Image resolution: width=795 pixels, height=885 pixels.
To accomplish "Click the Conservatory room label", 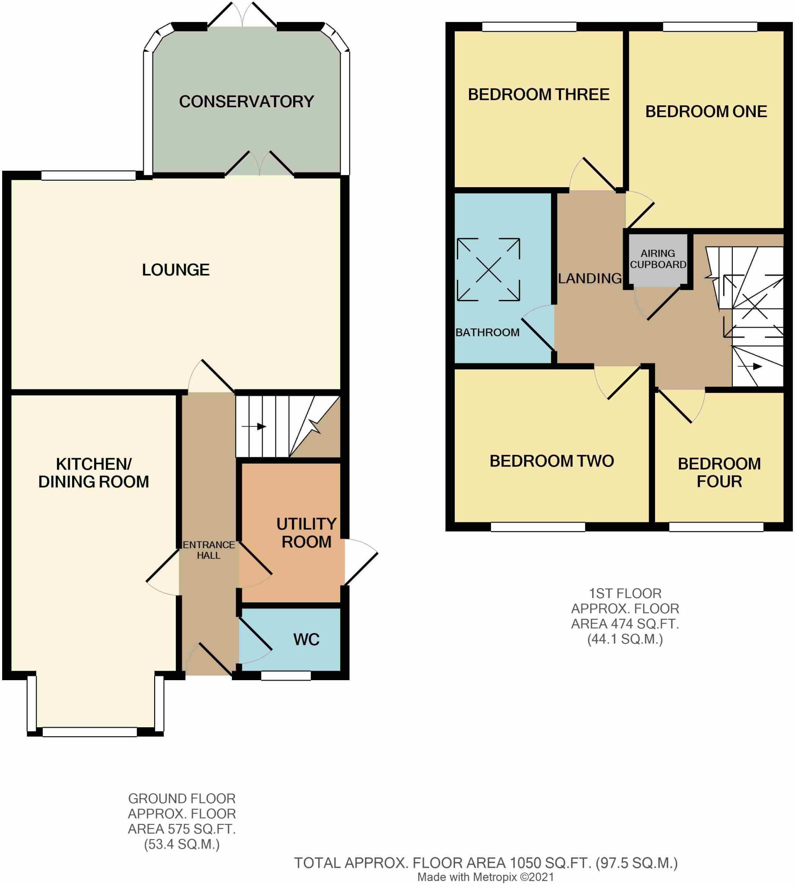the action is click(x=247, y=102).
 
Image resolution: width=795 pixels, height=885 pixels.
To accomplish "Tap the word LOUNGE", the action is click(x=176, y=270).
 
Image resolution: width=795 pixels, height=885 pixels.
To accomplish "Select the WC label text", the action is click(x=306, y=640).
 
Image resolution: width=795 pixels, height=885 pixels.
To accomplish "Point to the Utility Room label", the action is click(x=306, y=533).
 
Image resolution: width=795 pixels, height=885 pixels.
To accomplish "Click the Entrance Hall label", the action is click(x=209, y=550).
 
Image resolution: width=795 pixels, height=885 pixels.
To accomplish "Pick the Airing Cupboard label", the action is click(x=658, y=259).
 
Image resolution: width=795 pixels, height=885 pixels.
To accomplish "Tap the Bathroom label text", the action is click(x=488, y=332).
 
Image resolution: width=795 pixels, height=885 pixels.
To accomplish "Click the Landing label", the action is click(x=590, y=278).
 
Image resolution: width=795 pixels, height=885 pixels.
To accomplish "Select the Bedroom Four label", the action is click(x=719, y=472).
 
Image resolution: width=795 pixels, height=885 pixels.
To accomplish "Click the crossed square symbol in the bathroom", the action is click(x=488, y=270).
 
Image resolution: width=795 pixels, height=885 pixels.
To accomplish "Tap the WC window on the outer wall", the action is click(x=286, y=675).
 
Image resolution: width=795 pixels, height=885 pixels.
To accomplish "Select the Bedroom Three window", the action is click(x=529, y=27).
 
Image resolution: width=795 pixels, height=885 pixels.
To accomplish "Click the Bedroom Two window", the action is click(x=538, y=527).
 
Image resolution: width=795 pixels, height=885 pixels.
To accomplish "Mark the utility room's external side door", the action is click(x=361, y=563).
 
